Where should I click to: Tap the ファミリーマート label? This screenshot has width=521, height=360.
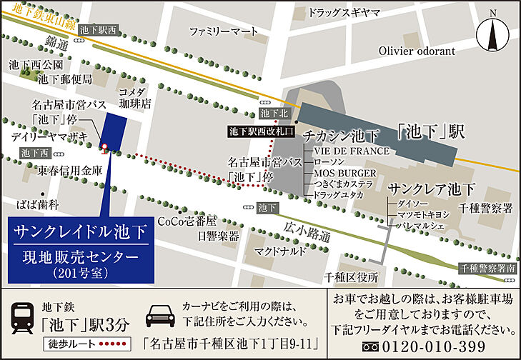pos(223,31)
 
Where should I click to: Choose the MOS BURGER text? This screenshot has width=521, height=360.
pos(344,174)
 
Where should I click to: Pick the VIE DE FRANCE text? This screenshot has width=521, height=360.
pos(352,151)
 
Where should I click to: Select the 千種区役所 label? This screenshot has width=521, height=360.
pos(350,276)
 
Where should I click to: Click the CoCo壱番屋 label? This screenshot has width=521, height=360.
pos(187,221)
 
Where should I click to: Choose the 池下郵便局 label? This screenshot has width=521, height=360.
pos(65,79)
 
